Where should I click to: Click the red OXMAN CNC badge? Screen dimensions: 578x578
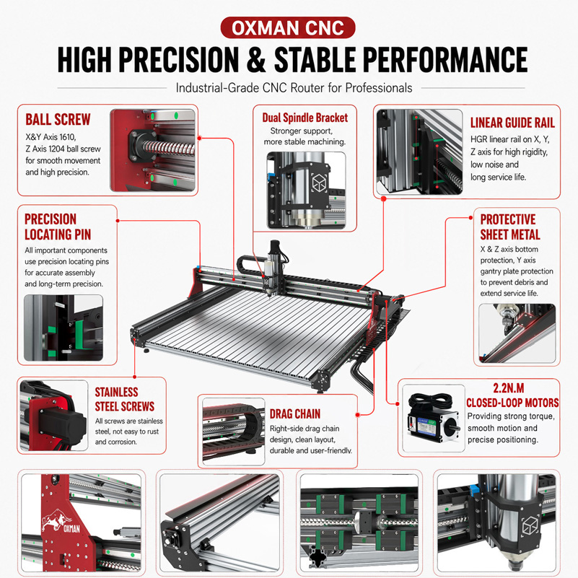pos(288,27)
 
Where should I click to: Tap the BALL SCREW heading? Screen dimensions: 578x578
pos(58,120)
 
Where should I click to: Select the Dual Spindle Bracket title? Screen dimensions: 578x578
pos(305,118)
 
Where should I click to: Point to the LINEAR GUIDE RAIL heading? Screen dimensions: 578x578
pos(512,123)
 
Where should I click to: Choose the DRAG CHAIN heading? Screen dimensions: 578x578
pos(295,414)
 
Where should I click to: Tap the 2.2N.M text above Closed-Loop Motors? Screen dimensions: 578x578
pos(508,388)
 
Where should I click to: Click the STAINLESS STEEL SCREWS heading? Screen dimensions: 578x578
pos(125,399)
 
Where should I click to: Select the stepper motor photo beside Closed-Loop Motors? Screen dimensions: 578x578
pos(434,419)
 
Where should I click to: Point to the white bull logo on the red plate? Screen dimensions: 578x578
pos(56,520)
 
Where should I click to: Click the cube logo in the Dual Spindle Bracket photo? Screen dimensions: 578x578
pos(319,183)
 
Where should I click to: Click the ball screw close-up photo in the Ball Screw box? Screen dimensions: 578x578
pos(152,150)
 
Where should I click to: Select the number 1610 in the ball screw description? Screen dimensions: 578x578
pos(67,137)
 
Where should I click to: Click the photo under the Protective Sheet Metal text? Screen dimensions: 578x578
pos(517,333)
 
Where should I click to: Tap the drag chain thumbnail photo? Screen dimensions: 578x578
pos(233,432)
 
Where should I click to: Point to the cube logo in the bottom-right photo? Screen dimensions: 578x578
pos(530,525)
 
